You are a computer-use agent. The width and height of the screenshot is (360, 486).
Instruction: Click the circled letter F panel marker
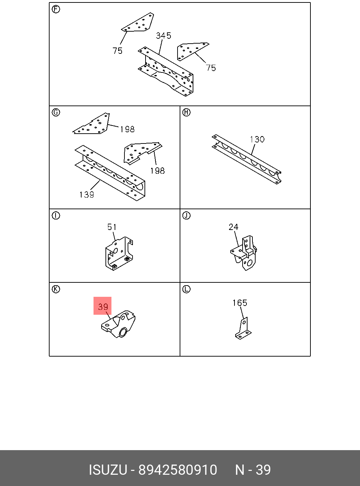tap(56, 9)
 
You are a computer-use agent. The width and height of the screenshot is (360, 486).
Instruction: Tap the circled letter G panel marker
tap(56, 112)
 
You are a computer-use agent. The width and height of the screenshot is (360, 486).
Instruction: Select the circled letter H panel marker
tap(186, 112)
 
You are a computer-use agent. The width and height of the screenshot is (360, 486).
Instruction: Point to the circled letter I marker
tap(56, 215)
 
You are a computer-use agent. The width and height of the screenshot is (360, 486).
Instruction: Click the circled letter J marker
tap(186, 215)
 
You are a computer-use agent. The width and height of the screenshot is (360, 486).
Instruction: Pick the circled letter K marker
tap(56, 289)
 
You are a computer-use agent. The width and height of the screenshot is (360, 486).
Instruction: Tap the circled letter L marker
tap(186, 289)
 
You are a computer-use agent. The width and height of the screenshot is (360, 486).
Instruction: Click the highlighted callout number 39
tap(103, 306)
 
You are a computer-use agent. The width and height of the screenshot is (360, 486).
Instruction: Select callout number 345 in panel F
tap(163, 36)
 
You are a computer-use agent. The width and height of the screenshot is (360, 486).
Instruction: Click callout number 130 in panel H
tap(257, 139)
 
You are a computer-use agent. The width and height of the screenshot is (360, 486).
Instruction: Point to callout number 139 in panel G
tap(86, 194)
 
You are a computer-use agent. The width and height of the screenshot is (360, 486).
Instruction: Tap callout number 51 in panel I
tap(112, 227)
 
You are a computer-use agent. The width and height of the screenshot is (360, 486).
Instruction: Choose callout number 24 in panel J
tap(233, 227)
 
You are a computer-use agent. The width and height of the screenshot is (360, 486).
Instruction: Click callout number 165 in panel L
tap(240, 303)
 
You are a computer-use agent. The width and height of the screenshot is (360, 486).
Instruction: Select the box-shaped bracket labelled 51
tap(119, 254)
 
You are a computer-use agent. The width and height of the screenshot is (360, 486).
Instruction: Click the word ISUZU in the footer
tap(108, 470)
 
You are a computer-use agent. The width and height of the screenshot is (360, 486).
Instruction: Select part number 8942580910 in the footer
tap(178, 470)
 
